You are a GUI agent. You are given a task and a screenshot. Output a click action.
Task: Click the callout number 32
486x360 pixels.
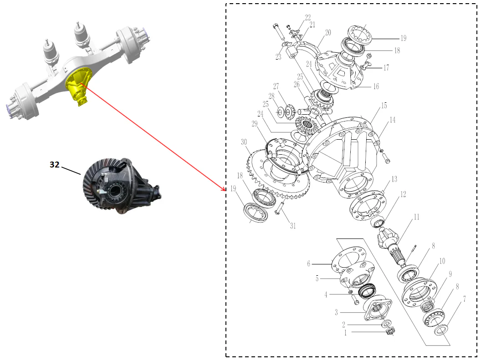54,165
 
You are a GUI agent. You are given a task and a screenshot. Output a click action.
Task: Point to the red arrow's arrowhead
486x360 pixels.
224,189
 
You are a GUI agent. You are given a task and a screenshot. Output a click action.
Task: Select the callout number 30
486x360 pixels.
245,142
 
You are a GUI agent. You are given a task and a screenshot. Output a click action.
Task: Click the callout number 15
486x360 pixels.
384,106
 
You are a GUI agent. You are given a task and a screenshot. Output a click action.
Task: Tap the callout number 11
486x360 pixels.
416,217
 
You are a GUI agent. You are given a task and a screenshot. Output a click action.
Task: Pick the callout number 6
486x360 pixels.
308,264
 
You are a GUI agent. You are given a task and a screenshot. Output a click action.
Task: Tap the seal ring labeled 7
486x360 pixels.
441,329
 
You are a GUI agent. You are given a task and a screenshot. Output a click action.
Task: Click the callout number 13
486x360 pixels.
394,179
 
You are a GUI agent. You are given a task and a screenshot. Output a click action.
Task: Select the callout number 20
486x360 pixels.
328,33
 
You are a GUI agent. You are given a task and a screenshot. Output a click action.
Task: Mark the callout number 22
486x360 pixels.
308,18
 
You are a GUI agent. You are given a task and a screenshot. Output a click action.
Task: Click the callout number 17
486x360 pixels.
386,68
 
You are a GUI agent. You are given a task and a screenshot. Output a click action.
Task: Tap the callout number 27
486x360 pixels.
276,86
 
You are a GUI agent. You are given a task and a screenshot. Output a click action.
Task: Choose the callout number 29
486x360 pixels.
254,124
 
